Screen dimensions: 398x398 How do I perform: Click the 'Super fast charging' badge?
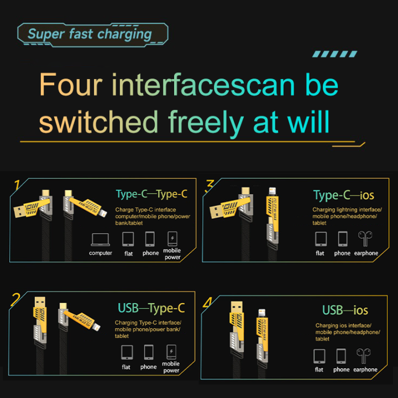point(92,34)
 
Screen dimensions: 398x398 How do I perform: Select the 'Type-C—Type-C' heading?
point(151,194)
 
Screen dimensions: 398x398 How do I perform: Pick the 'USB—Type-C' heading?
point(151,308)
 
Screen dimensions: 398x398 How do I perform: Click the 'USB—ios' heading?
point(345,310)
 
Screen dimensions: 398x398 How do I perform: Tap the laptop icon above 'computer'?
point(101,239)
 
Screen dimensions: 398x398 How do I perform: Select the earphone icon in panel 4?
point(364,355)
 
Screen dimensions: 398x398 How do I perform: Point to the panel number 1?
point(17,185)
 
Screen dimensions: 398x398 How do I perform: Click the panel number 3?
point(210,185)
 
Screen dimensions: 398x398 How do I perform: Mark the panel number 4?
point(207,302)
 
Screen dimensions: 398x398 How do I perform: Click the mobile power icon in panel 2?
point(171,352)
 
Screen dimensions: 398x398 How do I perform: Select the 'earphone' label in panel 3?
point(366,253)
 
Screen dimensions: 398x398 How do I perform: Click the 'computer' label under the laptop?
point(101,253)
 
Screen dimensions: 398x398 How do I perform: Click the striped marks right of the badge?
point(335,54)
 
